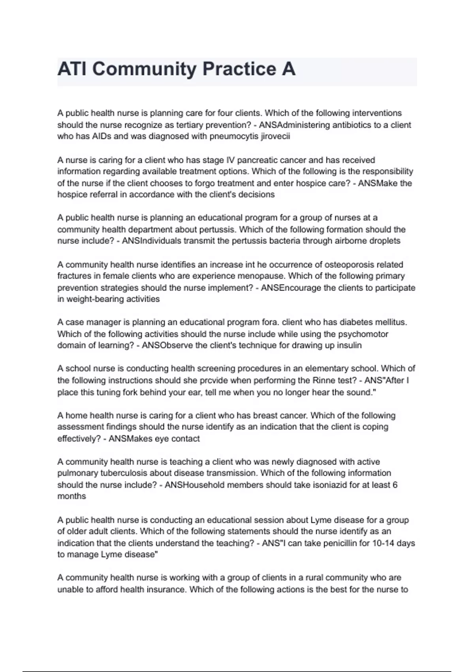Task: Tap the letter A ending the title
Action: click(x=288, y=69)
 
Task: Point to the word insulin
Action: click(x=349, y=345)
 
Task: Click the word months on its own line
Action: click(x=71, y=496)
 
